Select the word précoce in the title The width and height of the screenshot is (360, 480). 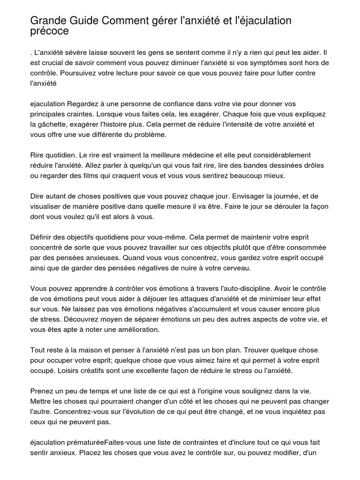[x=49, y=31]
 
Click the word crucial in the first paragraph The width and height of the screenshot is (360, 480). [x=52, y=63]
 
